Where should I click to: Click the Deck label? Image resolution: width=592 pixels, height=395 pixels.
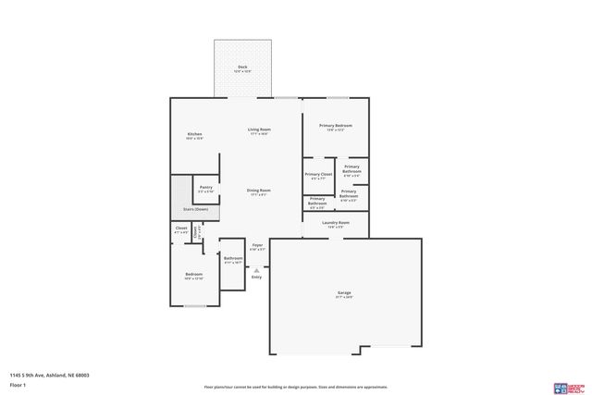coord(242,67)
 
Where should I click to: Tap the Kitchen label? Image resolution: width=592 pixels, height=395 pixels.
coord(194,135)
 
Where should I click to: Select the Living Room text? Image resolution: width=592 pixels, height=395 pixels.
coord(258,130)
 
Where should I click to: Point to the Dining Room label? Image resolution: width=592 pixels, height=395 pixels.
coord(258,190)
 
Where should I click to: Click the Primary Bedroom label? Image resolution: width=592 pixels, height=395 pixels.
coord(336,126)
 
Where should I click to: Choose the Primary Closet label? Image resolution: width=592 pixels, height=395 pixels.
coord(318,174)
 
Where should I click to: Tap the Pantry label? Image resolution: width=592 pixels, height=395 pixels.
coord(205,187)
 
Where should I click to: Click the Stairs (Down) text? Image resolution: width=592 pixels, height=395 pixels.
coord(195,209)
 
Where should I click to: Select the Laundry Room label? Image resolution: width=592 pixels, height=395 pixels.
coord(335,223)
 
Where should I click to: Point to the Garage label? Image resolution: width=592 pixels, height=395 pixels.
coord(344,293)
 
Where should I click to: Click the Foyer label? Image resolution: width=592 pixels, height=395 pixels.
coord(257,246)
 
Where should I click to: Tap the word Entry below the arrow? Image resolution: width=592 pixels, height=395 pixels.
coord(256,278)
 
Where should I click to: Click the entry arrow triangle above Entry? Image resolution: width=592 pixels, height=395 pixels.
coord(256,270)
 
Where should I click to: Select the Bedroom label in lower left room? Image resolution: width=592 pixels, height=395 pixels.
coord(193,274)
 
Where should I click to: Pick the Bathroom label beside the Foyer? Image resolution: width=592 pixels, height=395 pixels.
coord(232,258)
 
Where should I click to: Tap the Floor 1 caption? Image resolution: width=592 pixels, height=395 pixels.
coord(18,385)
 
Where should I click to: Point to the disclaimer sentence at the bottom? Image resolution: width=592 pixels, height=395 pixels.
coord(296,387)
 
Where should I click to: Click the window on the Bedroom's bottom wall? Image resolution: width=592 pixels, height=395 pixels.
coord(193,305)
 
